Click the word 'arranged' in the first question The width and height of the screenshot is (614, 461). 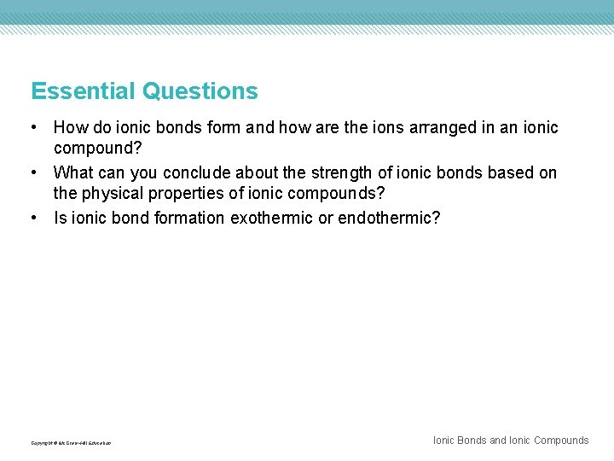pos(408,128)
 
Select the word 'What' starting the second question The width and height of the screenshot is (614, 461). pos(72,173)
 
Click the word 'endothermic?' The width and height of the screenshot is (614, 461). pos(389,219)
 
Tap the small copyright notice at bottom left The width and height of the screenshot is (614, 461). pos(71,443)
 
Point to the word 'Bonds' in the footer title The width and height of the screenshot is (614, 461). pos(472,441)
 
